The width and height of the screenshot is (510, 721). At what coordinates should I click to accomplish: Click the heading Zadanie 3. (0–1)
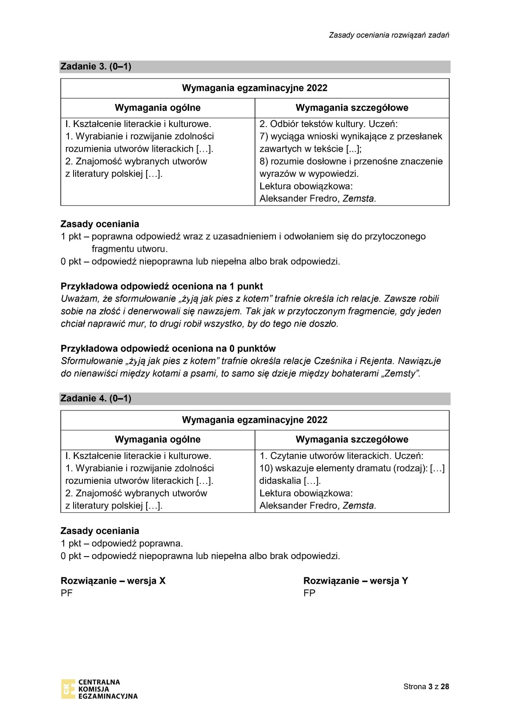click(96, 66)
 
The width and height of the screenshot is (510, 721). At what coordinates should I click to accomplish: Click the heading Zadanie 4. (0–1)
click(96, 398)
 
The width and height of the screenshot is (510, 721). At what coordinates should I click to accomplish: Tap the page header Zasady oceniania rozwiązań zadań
click(389, 35)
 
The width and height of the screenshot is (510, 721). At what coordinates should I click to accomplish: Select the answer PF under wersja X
click(67, 593)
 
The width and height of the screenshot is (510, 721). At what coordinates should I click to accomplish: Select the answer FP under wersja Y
click(309, 593)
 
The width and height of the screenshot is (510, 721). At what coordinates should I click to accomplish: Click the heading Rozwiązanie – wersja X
click(113, 580)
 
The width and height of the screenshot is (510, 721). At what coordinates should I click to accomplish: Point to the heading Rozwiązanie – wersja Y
click(355, 580)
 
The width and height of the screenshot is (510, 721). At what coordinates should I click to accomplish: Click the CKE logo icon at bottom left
click(68, 689)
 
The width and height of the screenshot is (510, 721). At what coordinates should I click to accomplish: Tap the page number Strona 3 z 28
click(426, 687)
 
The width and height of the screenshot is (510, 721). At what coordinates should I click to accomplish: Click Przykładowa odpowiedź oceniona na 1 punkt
click(162, 286)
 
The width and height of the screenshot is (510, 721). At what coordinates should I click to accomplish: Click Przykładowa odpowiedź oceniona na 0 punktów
click(168, 348)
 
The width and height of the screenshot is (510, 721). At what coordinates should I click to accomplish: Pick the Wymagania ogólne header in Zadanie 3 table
click(158, 108)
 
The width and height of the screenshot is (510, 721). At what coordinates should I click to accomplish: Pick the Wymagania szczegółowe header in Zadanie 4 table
click(352, 439)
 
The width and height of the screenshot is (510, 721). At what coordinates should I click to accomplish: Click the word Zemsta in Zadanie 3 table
click(359, 198)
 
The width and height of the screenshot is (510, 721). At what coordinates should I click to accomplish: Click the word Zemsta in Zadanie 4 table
click(359, 506)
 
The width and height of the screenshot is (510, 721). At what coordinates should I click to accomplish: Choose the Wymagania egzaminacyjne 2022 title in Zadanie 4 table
click(255, 420)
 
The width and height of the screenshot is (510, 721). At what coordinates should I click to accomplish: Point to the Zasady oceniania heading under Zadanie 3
click(100, 224)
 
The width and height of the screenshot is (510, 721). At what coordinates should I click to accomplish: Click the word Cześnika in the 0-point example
click(331, 361)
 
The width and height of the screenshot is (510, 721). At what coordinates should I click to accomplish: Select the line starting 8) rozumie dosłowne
click(351, 161)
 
